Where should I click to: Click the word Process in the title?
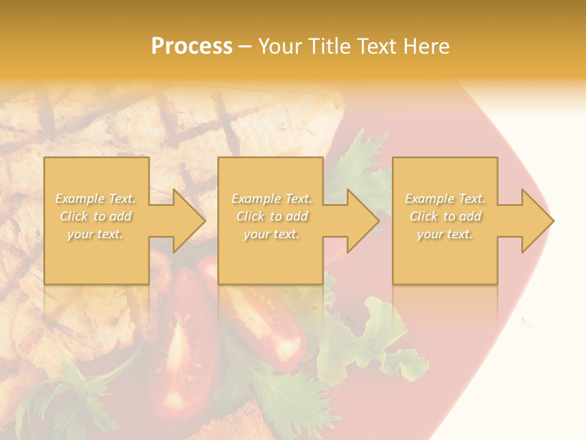click(192, 46)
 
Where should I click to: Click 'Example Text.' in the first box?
click(96, 199)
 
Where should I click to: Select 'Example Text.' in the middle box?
click(272, 199)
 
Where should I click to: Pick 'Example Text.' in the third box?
click(445, 199)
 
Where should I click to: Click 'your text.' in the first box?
click(96, 234)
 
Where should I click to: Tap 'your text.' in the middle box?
click(272, 234)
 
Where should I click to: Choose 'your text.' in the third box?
click(445, 234)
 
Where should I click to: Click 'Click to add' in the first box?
click(96, 216)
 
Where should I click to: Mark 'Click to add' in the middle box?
click(272, 216)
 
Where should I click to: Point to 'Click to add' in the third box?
click(445, 216)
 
